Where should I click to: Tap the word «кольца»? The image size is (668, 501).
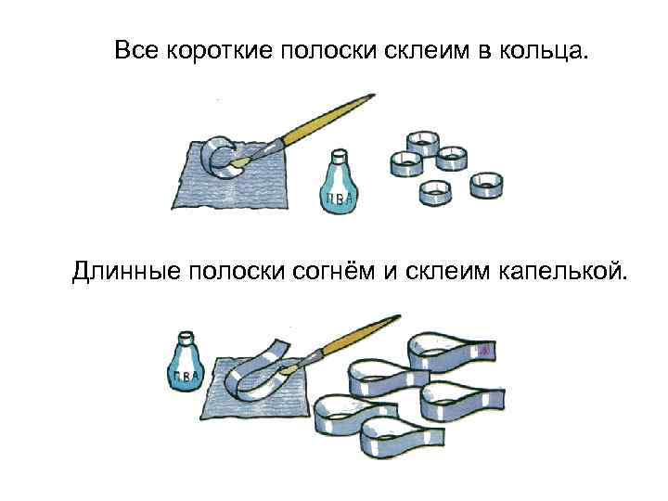click(548, 50)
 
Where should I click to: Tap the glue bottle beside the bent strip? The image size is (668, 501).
click(188, 366)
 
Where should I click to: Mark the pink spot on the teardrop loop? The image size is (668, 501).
click(483, 350)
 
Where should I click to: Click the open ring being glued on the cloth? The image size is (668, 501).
click(222, 157)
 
